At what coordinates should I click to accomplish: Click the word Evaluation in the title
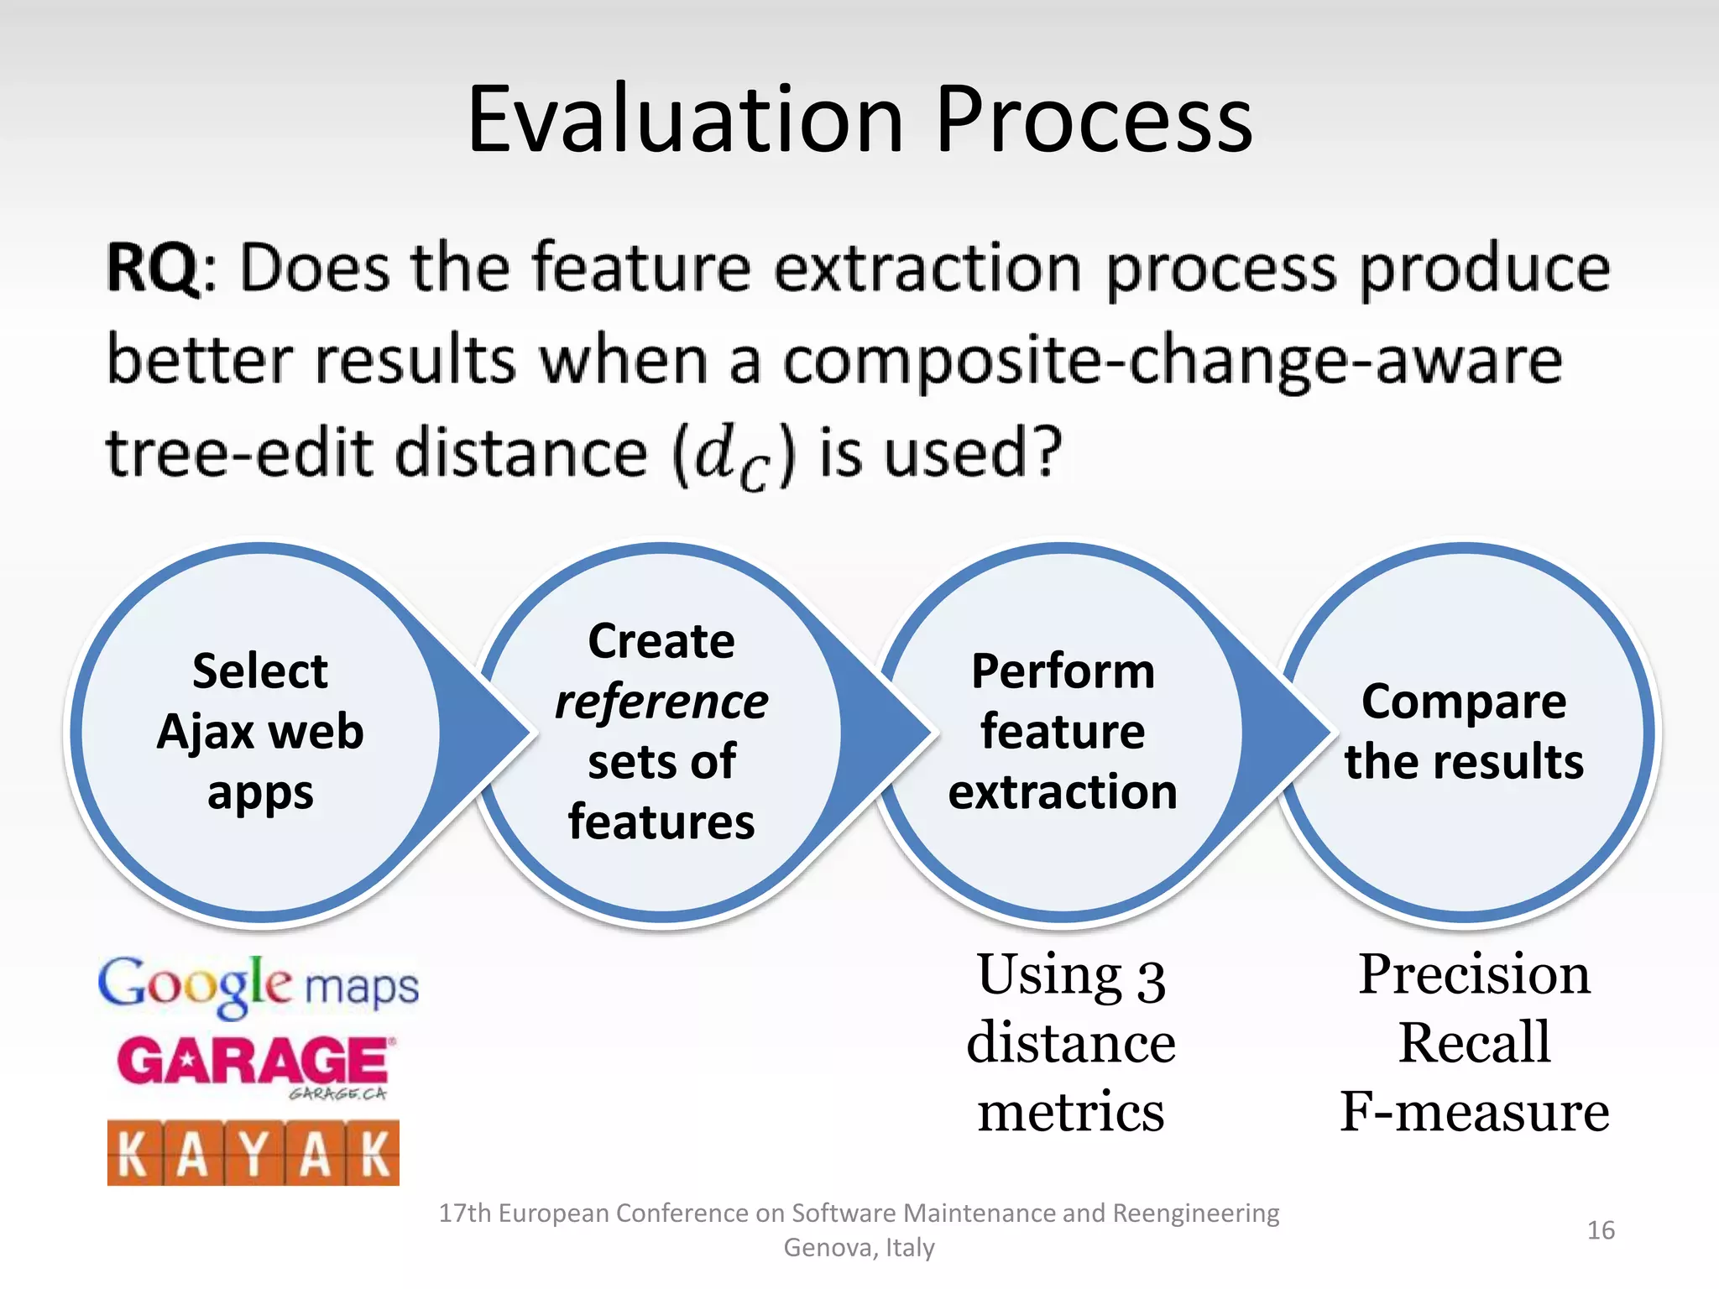(685, 120)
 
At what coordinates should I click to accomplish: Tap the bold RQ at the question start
(153, 269)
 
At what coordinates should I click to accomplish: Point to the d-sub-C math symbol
(732, 456)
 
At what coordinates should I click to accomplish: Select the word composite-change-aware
(1172, 361)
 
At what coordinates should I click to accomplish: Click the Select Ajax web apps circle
(260, 733)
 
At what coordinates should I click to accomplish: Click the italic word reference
(661, 702)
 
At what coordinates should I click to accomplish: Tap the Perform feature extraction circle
(1063, 733)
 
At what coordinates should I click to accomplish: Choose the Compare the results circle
(1464, 733)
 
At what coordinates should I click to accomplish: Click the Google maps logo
(259, 985)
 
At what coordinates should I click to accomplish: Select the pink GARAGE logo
(253, 1062)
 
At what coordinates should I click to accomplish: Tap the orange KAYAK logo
(253, 1153)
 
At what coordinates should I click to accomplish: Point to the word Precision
(1474, 975)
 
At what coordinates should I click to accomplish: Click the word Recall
(1474, 1043)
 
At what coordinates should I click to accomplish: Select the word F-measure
(1474, 1112)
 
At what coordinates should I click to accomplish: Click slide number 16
(1600, 1230)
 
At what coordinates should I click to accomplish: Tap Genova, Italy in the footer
(859, 1248)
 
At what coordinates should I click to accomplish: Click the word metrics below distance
(1071, 1112)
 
